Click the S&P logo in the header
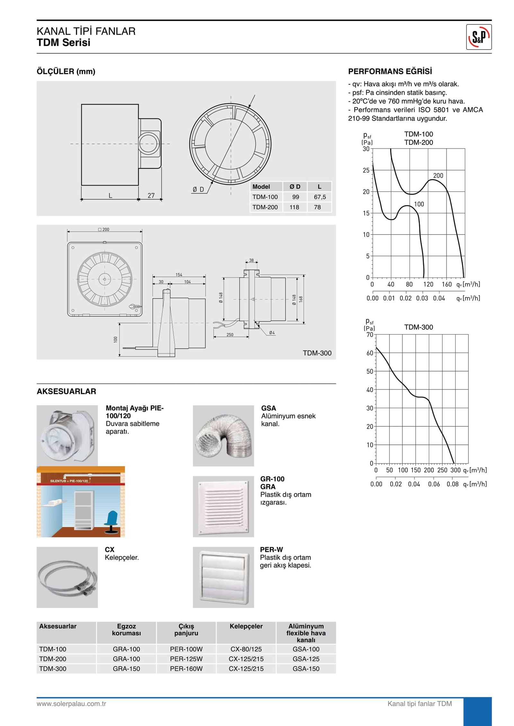479,37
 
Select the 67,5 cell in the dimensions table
320,197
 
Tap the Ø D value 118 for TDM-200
294,207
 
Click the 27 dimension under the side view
151,195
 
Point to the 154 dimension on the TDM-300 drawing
179,275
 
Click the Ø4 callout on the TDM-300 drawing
272,333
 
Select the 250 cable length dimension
230,335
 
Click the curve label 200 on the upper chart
438,175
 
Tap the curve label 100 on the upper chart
419,204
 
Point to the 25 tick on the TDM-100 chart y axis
366,170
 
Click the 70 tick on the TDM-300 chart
370,335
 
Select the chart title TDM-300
418,327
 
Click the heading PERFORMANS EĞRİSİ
390,71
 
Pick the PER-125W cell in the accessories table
186,659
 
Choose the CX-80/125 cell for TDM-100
246,649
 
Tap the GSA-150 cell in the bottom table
306,669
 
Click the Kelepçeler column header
246,626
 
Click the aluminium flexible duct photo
223,436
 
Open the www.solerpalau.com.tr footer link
71,704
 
